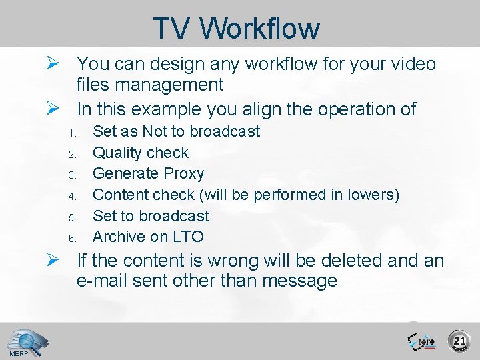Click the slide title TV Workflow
click(236, 28)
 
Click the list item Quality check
click(140, 153)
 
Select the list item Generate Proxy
click(148, 173)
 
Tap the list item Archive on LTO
click(148, 237)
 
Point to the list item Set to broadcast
click(151, 216)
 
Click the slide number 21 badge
click(459, 341)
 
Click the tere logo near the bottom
click(421, 341)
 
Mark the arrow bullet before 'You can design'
click(56, 64)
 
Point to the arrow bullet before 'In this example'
click(56, 108)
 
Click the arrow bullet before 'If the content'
click(56, 260)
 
